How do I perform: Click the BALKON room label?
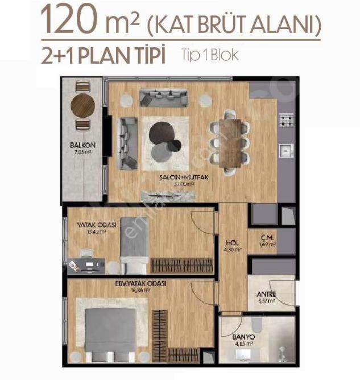click(x=83, y=145)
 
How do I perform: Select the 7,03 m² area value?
click(x=82, y=152)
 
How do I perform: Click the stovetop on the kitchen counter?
click(x=286, y=121)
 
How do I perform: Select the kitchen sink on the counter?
click(x=285, y=150)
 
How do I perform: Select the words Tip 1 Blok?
click(x=209, y=56)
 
